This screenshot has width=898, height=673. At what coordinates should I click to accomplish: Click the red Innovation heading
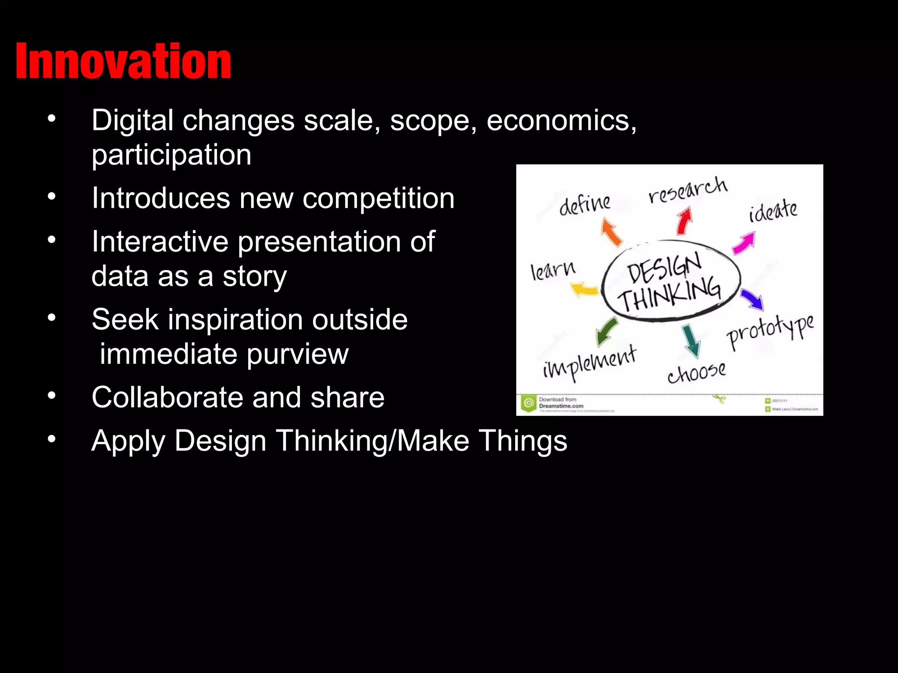pos(123,61)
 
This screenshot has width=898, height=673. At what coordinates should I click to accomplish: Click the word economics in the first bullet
pos(561,120)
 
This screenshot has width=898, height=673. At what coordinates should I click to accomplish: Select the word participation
pos(171,155)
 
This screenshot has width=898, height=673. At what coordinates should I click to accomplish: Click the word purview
pos(297,354)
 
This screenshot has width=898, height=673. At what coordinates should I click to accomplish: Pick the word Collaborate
pos(167,397)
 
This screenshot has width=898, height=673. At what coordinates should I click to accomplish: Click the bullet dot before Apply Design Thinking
pos(52,439)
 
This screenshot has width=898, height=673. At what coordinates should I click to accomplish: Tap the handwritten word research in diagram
pos(688,190)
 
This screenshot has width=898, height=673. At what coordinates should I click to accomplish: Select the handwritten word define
pos(584,204)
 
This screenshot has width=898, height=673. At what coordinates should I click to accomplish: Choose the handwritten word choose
pos(696,373)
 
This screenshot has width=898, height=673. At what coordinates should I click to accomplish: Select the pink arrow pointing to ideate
pos(744,243)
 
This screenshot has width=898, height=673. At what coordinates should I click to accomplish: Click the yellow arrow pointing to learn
pos(584,290)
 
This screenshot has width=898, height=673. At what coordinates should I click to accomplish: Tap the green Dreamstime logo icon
pos(529,403)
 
